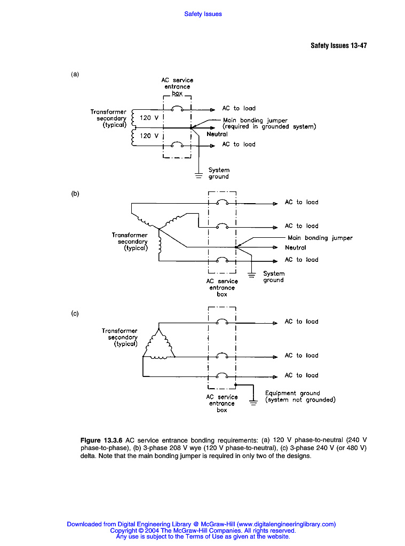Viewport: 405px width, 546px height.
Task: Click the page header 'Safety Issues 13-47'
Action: pos(338,45)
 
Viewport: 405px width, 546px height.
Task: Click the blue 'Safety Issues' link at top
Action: pos(203,14)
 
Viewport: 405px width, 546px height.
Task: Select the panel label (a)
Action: pos(75,75)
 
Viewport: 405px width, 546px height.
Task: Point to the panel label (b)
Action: pos(75,194)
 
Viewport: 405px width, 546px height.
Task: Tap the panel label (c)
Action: pos(75,314)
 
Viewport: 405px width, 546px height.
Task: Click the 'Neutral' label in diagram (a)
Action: pos(217,134)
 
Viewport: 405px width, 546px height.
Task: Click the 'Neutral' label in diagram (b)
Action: pos(296,247)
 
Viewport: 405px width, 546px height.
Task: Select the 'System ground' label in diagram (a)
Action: pos(219,173)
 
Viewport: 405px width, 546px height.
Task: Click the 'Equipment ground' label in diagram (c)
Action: pos(292,394)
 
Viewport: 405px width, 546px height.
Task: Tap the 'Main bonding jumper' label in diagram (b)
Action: pos(320,238)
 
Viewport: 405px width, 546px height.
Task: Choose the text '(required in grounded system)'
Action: pos(269,127)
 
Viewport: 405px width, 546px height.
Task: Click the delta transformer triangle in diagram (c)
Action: pos(158,345)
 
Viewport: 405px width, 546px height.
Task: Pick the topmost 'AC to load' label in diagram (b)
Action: pos(301,202)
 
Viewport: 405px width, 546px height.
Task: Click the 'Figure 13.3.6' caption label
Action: pos(101,440)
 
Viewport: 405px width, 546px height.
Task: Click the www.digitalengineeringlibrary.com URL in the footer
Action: pos(285,524)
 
